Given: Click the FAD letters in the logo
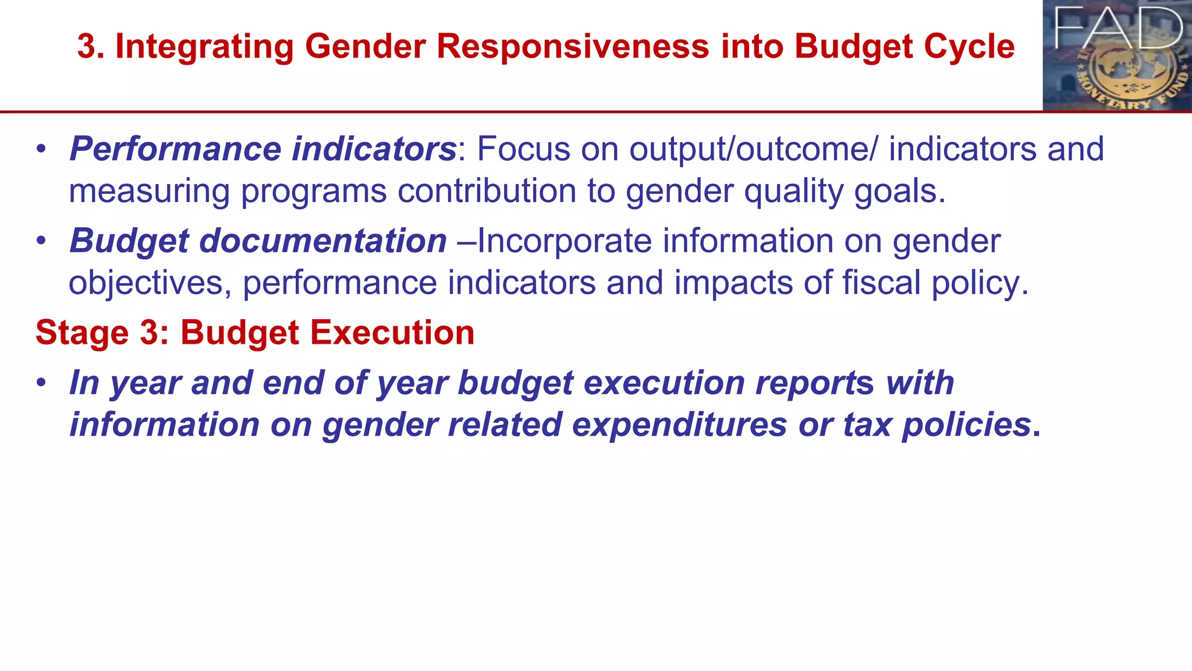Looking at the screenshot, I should (x=1118, y=28).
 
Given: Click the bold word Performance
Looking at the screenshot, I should (x=175, y=149).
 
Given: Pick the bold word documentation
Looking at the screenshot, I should (x=323, y=241).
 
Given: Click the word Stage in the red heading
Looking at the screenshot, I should (x=82, y=333).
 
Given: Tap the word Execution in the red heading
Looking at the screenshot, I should (x=392, y=333).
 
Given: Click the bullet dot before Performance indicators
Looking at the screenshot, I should (x=40, y=149).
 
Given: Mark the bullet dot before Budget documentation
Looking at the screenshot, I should (x=40, y=241).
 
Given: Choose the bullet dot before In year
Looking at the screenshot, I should (x=40, y=383).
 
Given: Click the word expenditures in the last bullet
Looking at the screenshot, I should (x=679, y=425).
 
